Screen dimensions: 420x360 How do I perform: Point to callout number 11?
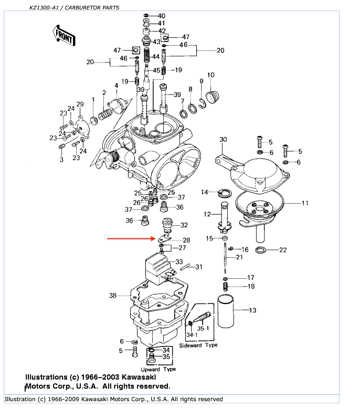coord(305,203)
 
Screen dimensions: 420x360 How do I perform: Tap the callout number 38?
coord(113,296)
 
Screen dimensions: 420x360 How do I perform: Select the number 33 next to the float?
coord(179,261)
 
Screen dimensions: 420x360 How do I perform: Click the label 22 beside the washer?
coord(283,250)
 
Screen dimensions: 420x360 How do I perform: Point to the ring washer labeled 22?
coord(260,249)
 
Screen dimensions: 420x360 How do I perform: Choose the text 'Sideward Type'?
coord(198,345)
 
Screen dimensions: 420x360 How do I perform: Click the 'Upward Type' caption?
coord(158,369)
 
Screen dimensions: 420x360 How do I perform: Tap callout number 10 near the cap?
coord(210,75)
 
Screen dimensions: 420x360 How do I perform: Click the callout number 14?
coord(205,192)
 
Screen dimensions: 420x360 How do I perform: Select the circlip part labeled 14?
coord(224,193)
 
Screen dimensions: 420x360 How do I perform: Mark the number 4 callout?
coord(117,85)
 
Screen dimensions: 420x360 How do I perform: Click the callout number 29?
coord(80,104)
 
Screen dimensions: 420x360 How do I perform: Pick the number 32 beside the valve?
coord(184,225)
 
